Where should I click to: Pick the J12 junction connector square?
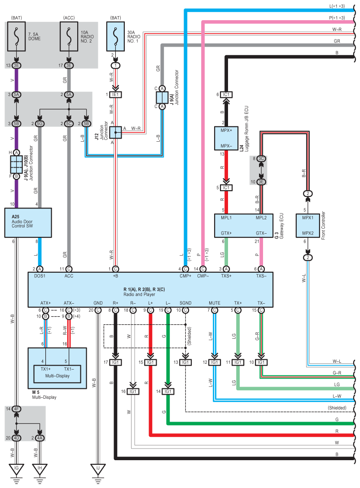point(116,132)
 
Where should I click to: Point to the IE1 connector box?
point(116,95)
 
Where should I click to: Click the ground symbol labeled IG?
point(17,470)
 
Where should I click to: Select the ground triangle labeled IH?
point(40,470)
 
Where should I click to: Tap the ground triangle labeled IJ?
point(98,470)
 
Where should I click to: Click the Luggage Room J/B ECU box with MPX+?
point(226,139)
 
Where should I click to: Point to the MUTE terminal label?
point(215,303)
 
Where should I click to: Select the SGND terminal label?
point(185,303)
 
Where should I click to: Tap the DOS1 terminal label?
point(40,276)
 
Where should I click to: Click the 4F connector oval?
point(17,409)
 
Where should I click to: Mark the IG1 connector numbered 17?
point(116,362)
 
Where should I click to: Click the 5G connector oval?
point(40,123)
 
